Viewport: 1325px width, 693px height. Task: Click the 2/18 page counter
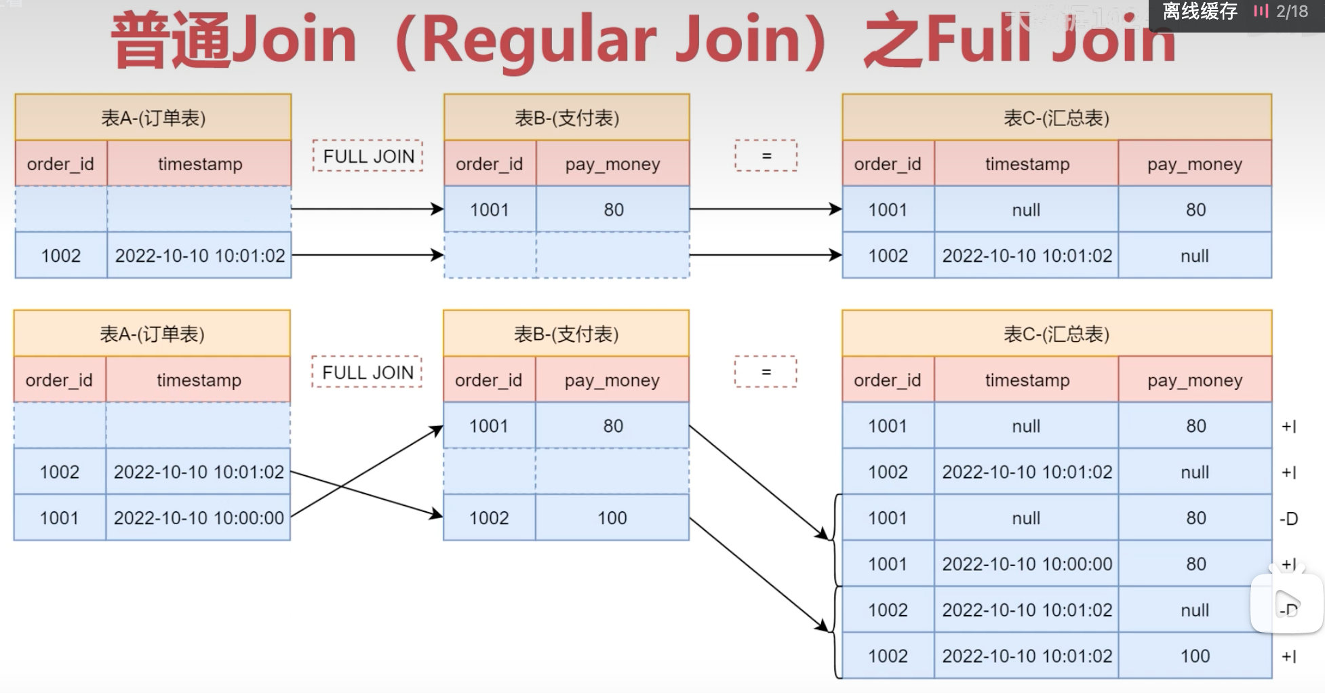point(1292,12)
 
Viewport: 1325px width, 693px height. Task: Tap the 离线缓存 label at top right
point(1200,12)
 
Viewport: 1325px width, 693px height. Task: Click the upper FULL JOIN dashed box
point(368,156)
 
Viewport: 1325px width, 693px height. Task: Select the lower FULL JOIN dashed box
point(367,372)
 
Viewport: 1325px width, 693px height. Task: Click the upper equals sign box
point(766,156)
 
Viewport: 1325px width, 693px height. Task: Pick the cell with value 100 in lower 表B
point(612,518)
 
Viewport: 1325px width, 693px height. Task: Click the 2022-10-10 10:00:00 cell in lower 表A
point(199,518)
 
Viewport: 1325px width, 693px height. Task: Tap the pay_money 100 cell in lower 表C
point(1195,656)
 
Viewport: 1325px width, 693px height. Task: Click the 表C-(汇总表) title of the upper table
point(1056,118)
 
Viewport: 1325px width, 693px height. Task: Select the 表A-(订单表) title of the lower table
point(152,334)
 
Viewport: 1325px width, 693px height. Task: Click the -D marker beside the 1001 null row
point(1288,519)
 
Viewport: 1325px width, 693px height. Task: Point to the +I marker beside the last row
point(1288,656)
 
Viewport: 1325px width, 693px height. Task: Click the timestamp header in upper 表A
point(200,164)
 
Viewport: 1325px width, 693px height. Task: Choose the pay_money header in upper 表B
point(612,164)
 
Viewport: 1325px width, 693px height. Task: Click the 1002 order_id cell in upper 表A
point(61,256)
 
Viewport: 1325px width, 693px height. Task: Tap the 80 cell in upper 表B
point(613,210)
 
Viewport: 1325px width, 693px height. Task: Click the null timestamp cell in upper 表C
point(1026,210)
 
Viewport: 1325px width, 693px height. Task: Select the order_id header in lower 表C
point(887,380)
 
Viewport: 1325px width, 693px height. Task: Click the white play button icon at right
point(1286,603)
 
